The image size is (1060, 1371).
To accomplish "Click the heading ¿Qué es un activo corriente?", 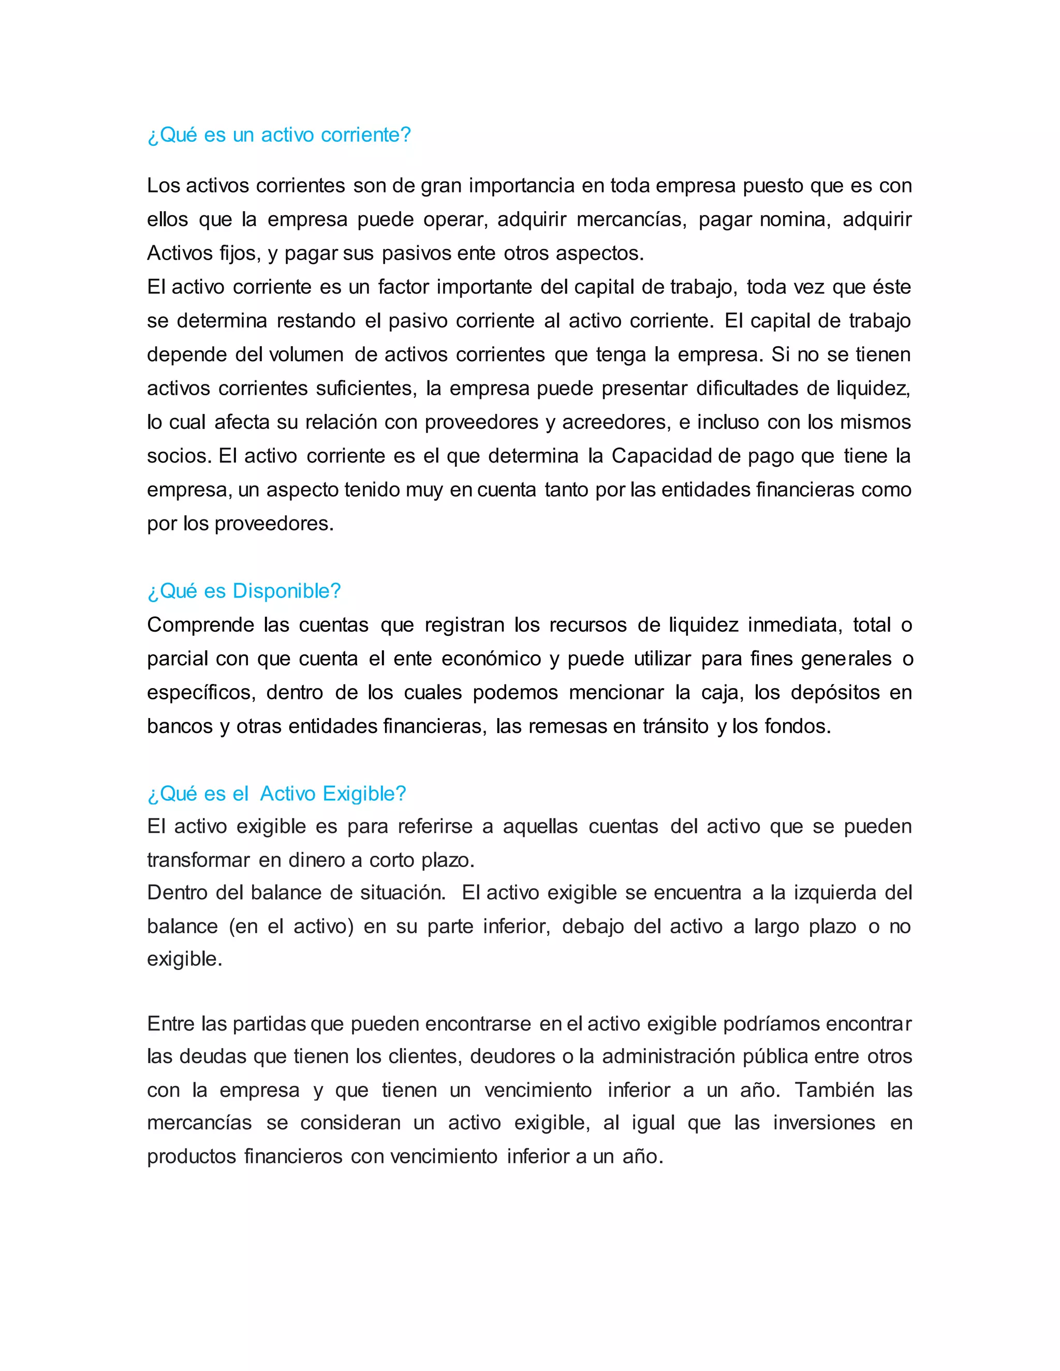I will coord(279,135).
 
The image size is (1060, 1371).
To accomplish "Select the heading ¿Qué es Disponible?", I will coord(244,591).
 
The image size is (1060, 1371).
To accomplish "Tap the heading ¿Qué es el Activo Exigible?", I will coord(276,794).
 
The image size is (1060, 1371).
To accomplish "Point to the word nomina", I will coord(795,220).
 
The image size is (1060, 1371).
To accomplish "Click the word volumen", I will coord(306,355).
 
